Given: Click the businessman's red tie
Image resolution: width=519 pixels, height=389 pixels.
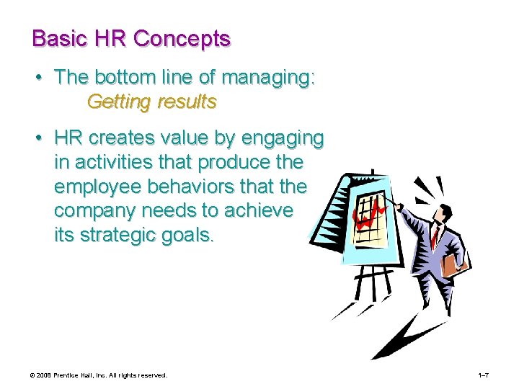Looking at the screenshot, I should coord(434,234).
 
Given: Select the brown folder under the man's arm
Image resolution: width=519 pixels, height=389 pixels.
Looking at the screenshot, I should coord(452,264).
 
